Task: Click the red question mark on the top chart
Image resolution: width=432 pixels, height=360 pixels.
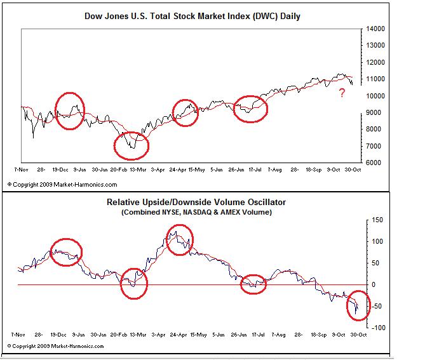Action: [x=342, y=94]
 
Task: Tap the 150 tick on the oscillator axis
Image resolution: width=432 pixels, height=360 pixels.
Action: [x=377, y=220]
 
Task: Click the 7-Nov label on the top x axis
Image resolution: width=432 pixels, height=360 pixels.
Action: [x=20, y=170]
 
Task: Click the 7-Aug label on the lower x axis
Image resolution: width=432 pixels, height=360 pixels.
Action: [x=274, y=333]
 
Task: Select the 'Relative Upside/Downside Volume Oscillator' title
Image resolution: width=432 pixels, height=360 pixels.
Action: [x=196, y=203]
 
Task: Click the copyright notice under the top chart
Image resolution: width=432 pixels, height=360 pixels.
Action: [x=62, y=184]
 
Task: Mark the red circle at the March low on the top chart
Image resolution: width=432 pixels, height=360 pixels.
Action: [x=131, y=145]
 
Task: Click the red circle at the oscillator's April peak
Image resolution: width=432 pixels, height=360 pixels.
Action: [x=180, y=240]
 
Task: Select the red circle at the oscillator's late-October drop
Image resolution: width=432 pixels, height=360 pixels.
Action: [x=356, y=306]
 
